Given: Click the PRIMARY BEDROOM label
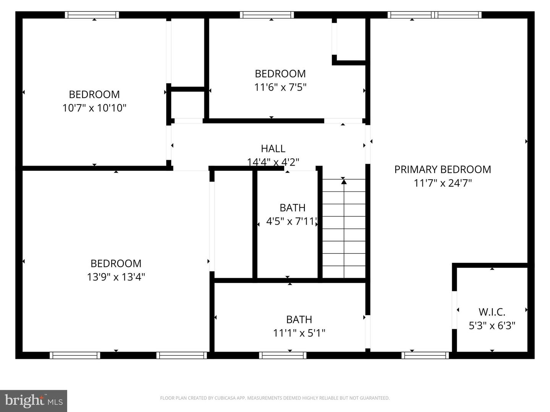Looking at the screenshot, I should [442, 169].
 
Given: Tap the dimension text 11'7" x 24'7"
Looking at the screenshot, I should [443, 183].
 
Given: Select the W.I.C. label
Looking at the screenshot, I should [492, 312].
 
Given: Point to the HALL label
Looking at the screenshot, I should [273, 148].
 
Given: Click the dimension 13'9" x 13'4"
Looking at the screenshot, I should [116, 277].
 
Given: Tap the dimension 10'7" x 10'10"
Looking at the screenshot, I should [94, 108].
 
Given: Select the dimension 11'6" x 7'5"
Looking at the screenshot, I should [280, 87].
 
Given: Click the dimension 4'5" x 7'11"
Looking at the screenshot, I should [292, 221].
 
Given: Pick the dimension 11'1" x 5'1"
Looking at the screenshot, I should [299, 333].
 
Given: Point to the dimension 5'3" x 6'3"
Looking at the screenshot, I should [492, 326].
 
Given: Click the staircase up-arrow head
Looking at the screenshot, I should [344, 182].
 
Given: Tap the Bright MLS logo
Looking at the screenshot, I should [34, 401].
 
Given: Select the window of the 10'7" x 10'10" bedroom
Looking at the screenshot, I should [92, 15].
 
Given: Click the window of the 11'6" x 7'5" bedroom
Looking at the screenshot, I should [267, 15].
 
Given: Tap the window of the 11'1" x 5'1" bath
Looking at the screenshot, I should [283, 355].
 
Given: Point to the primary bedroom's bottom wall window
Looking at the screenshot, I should [425, 355].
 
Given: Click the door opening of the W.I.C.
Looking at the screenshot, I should [455, 310].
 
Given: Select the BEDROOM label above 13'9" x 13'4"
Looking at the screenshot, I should [116, 263].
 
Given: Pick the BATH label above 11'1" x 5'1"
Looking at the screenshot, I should [299, 319].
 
